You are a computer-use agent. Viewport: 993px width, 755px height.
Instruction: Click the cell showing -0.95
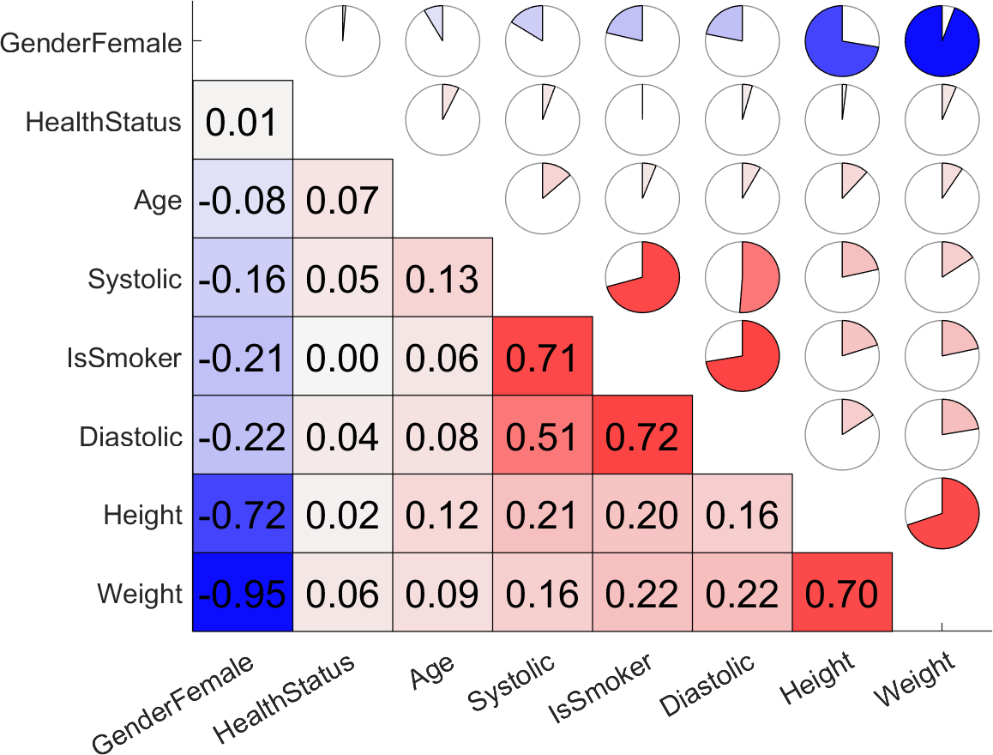tap(243, 593)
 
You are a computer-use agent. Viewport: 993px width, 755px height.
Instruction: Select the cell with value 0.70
tap(842, 593)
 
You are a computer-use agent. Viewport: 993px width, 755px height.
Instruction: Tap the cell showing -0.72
tap(243, 515)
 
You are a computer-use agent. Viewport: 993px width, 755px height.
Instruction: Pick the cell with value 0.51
tap(542, 436)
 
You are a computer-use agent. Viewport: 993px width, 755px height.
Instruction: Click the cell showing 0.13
tap(442, 278)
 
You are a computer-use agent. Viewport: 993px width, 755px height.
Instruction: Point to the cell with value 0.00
tap(343, 357)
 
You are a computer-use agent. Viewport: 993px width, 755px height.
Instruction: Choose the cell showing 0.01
tap(243, 120)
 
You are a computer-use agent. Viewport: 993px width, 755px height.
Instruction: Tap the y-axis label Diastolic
tap(130, 437)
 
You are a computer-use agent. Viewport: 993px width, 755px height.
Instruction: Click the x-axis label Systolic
tap(512, 684)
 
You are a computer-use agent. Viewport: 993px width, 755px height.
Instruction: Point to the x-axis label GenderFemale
tap(172, 705)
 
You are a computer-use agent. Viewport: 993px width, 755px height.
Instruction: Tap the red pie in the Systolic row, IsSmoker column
tap(642, 278)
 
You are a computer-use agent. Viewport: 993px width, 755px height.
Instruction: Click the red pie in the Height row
tap(942, 515)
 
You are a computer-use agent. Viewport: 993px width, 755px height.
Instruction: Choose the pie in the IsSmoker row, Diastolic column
tap(742, 357)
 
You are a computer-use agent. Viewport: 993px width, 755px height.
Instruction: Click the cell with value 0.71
tap(542, 357)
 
